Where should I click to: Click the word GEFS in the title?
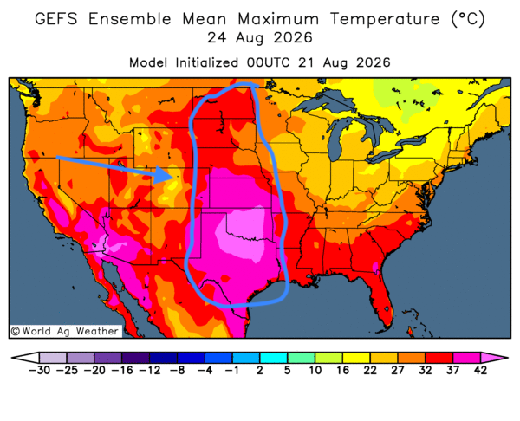pos(56,18)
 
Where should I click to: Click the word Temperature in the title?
pos(385,19)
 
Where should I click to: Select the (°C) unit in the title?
pos(468,19)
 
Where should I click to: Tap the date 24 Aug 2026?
pos(260,38)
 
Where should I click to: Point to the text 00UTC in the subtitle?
pos(269,62)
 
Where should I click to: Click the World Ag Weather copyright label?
pos(65,331)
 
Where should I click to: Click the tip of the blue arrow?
pos(172,177)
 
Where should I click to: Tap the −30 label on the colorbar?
pos(39,370)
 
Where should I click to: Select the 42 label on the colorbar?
pos(480,370)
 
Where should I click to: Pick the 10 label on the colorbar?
pos(315,370)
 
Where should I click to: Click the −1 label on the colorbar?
pos(231,370)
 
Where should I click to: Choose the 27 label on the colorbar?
pos(397,370)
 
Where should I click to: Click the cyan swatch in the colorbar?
pos(274,358)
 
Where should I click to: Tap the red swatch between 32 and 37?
pos(439,358)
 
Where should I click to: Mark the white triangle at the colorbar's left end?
pos(26,358)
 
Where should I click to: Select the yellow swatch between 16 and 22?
pos(356,358)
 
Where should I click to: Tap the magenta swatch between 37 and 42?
pos(466,358)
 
